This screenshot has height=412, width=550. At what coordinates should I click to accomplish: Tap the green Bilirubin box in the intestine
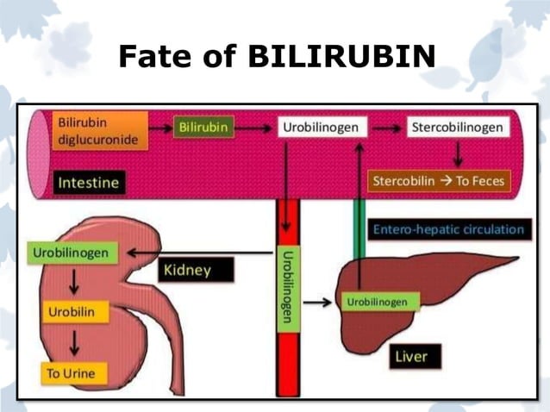click(204, 128)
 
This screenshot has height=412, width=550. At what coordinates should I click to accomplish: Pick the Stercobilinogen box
click(456, 128)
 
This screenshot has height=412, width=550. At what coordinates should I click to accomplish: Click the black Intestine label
click(88, 183)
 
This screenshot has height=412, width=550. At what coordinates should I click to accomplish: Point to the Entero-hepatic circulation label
click(448, 229)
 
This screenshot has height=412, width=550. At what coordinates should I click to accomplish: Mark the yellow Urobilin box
click(72, 311)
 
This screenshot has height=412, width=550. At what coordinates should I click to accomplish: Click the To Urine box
click(72, 372)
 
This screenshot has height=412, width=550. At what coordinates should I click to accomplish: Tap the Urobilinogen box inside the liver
click(378, 302)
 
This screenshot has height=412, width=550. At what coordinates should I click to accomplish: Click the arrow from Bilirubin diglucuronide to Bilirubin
click(157, 128)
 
